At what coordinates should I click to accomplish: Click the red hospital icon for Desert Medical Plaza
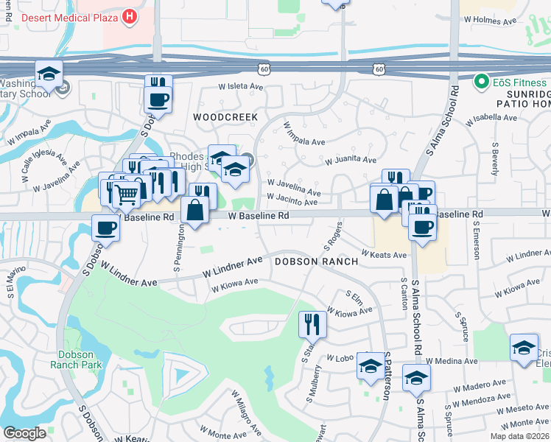(x=130, y=15)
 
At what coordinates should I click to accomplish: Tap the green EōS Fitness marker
(x=482, y=80)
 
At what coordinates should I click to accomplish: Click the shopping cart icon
(x=127, y=194)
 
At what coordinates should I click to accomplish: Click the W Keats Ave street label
(x=384, y=255)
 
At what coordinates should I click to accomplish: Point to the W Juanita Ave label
(x=351, y=159)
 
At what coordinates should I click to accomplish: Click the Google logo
(x=24, y=432)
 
